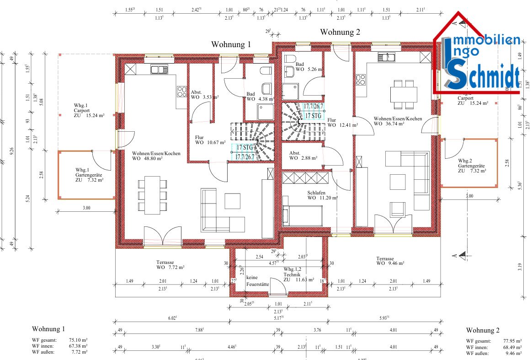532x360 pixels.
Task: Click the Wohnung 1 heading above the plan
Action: [x=231, y=44]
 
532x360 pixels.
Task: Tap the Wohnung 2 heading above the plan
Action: [x=340, y=32]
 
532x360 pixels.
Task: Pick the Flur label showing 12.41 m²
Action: [x=341, y=122]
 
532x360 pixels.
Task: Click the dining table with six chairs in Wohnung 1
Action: [x=152, y=195]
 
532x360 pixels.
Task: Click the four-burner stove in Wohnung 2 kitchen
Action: [x=361, y=80]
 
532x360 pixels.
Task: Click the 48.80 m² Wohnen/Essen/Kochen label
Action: [x=156, y=156]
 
